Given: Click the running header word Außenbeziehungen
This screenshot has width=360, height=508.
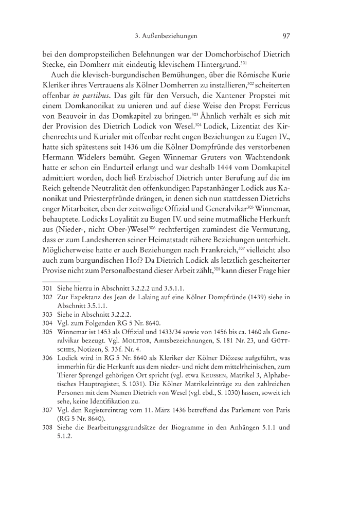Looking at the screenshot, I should tap(171, 36).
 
